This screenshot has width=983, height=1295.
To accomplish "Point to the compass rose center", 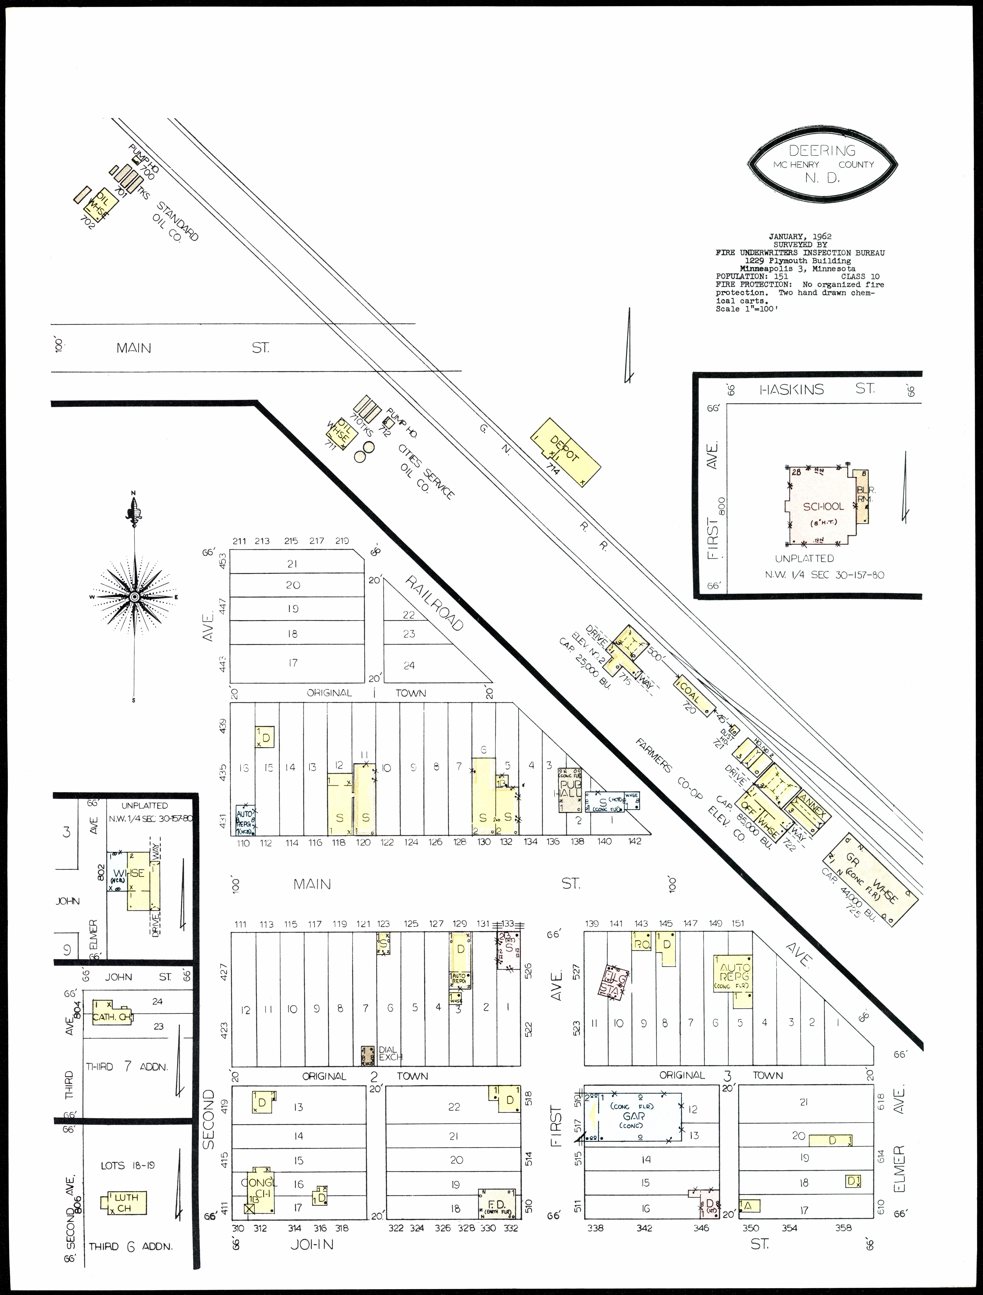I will pos(134,597).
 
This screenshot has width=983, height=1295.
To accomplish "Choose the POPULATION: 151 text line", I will pos(752,276).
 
